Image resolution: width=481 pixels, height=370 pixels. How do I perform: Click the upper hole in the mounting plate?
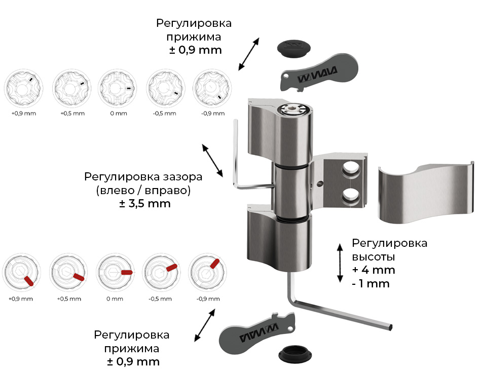350,170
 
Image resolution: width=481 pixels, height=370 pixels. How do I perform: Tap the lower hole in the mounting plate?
350,194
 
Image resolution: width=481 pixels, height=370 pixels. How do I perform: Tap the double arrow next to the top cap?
249,53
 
